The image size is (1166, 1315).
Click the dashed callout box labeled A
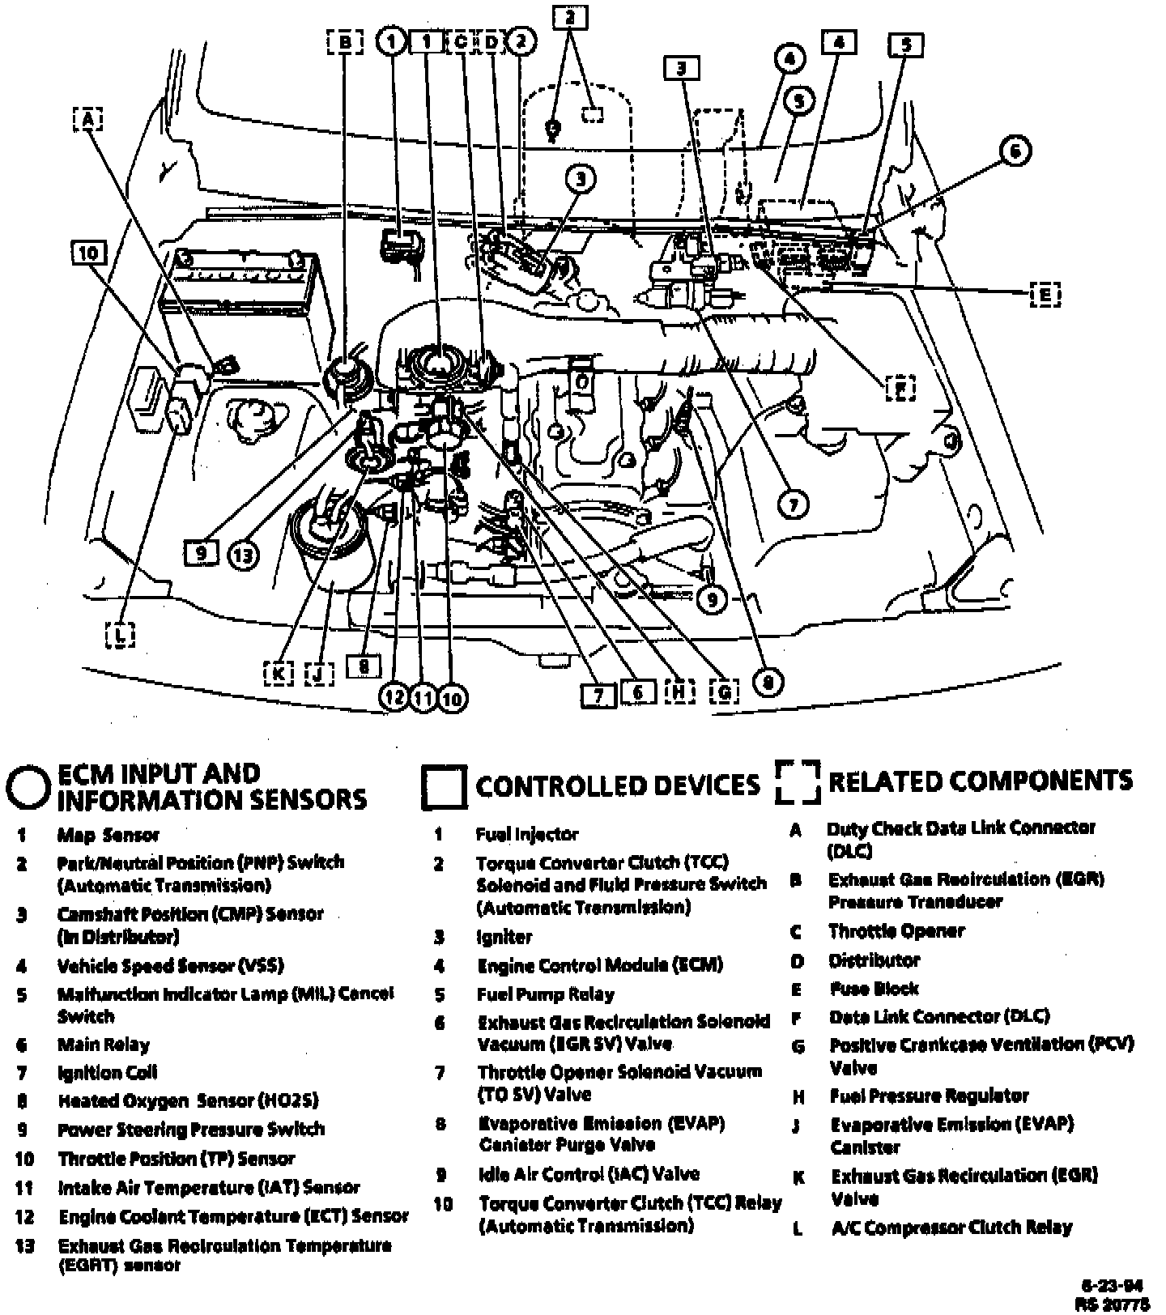point(87,120)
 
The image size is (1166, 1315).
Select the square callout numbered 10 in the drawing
point(87,253)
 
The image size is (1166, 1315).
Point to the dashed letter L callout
point(120,634)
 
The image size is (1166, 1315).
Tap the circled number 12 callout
point(394,698)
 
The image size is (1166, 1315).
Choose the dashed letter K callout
point(279,672)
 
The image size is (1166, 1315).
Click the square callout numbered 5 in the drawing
point(906,45)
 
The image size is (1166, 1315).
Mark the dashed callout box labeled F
point(899,389)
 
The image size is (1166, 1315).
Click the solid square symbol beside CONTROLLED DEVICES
point(444,786)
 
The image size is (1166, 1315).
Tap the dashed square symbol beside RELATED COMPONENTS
point(798,782)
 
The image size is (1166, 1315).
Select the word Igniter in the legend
point(504,937)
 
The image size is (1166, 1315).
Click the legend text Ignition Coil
point(108,1073)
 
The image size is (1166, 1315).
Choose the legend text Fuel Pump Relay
point(546,994)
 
